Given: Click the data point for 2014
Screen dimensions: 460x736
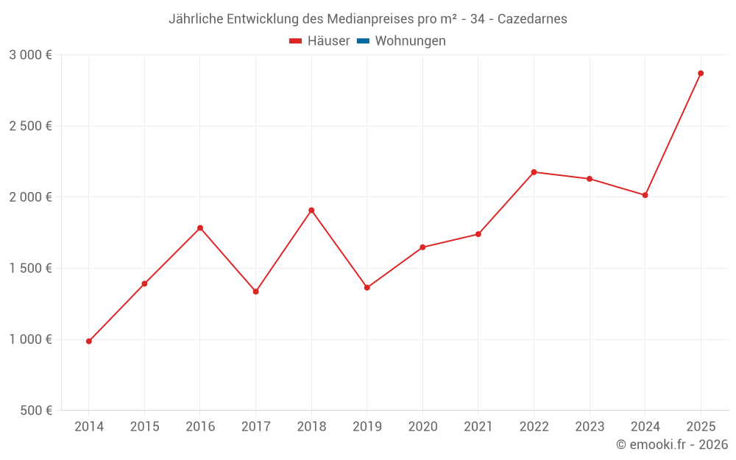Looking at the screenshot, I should pyautogui.click(x=89, y=342).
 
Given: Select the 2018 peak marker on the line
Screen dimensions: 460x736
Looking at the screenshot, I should pyautogui.click(x=311, y=210).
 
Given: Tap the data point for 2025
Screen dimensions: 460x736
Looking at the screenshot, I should pyautogui.click(x=701, y=74).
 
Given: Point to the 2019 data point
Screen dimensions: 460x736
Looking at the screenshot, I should pyautogui.click(x=367, y=288).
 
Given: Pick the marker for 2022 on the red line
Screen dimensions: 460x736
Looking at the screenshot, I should pyautogui.click(x=534, y=172).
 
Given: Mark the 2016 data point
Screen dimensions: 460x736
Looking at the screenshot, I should pyautogui.click(x=200, y=228).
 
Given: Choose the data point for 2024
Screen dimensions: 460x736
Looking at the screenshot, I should pyautogui.click(x=645, y=195).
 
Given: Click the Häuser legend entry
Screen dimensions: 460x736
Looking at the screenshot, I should pyautogui.click(x=319, y=41).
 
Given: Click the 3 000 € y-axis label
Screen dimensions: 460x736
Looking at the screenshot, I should pyautogui.click(x=30, y=55).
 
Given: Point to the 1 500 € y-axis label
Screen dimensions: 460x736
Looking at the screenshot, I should pyautogui.click(x=30, y=269).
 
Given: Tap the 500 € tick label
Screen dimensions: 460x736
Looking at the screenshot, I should pyautogui.click(x=35, y=411).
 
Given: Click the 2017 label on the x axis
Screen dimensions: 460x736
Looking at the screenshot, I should pyautogui.click(x=255, y=427).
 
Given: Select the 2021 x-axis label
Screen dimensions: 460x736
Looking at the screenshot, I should pyautogui.click(x=478, y=427).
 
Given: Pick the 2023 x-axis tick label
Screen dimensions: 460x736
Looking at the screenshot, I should pyautogui.click(x=589, y=427).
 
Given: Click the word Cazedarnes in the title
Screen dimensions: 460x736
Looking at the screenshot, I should pyautogui.click(x=532, y=19).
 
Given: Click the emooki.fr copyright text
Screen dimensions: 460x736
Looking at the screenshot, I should pyautogui.click(x=672, y=445).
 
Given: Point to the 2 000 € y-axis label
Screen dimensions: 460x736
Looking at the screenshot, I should pyautogui.click(x=30, y=197).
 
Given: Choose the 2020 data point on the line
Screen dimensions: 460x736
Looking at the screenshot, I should pyautogui.click(x=422, y=247).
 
